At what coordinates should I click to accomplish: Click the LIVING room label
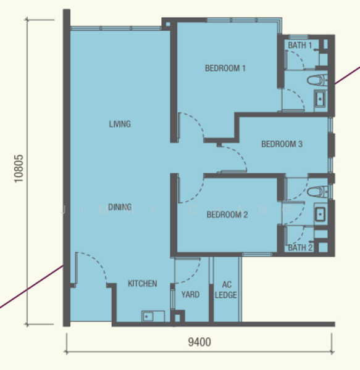[x=120, y=124]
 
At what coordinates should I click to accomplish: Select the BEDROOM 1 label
[x=225, y=68]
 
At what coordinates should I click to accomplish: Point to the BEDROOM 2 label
[x=227, y=215]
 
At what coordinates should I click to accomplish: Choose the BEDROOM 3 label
[x=282, y=144]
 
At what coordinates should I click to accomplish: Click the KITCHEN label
[x=142, y=284]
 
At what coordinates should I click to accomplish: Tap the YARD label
[x=190, y=295]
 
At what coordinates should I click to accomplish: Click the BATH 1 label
[x=299, y=45]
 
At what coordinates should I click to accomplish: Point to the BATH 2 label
[x=301, y=248]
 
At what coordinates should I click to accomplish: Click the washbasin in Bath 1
[x=320, y=98]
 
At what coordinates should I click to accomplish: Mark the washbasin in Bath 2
[x=320, y=213]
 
